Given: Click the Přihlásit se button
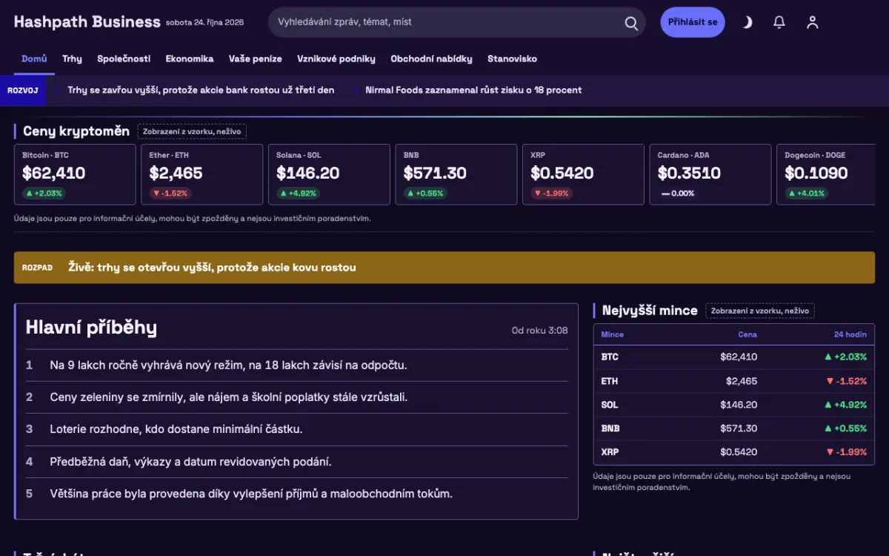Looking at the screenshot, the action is [x=692, y=22].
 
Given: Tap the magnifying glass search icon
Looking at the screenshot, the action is [x=631, y=23].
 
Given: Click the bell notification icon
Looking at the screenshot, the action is [x=779, y=22].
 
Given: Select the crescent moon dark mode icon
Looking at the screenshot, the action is [x=748, y=22].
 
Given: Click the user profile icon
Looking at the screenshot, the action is [x=813, y=22].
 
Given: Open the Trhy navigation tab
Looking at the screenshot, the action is [x=72, y=59].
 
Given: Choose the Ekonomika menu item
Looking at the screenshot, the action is [x=190, y=59].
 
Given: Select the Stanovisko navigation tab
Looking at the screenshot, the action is [x=512, y=59].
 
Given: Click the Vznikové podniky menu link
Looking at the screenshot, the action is [x=336, y=59].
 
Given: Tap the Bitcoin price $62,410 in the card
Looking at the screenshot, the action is [x=53, y=173].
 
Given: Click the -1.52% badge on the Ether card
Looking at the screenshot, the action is [x=170, y=193].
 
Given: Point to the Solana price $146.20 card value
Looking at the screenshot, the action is [x=307, y=173].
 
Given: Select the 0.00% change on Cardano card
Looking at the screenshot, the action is [x=678, y=193].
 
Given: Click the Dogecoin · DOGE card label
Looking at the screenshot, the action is [x=815, y=155].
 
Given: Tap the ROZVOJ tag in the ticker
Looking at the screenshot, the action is [x=23, y=90].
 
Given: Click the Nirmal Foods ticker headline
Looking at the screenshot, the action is [x=473, y=90].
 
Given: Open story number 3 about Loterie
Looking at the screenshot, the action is [x=176, y=429].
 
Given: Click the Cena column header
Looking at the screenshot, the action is [x=748, y=334].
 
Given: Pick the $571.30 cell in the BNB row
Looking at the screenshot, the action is [x=739, y=428].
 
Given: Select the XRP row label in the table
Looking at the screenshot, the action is [x=610, y=452].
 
